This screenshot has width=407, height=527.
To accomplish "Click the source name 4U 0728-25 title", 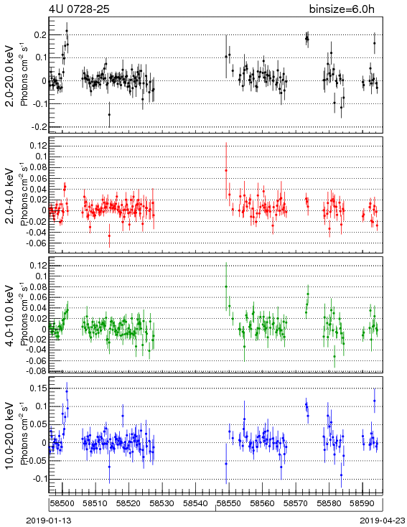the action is [x=79, y=9].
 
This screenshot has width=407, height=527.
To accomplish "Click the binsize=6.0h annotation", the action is [x=342, y=9].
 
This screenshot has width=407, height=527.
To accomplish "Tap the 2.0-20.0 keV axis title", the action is [x=10, y=75].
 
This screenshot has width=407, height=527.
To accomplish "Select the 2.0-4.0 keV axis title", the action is [x=10, y=196].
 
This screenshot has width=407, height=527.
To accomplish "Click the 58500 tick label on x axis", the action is [x=62, y=503].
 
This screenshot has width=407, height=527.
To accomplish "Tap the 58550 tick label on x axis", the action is [x=229, y=503].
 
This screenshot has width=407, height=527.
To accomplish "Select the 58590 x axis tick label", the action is [x=362, y=503].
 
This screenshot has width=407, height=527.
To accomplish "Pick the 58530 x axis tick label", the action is [x=162, y=503].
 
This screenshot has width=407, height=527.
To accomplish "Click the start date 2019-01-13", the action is [x=49, y=521].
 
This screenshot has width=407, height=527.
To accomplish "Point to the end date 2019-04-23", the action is [x=383, y=521].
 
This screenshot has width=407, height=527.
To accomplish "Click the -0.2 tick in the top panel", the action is [x=39, y=126].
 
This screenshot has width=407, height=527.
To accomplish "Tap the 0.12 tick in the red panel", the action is [x=37, y=146].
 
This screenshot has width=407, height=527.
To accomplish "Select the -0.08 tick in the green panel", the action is [x=37, y=371].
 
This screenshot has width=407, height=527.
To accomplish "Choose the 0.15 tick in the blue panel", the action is [x=37, y=388].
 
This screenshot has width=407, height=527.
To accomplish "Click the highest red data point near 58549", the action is [x=226, y=170].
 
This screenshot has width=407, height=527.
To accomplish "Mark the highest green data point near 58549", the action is [x=226, y=286].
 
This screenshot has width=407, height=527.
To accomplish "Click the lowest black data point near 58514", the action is [x=109, y=115].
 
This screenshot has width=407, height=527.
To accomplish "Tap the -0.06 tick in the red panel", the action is [x=37, y=243].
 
